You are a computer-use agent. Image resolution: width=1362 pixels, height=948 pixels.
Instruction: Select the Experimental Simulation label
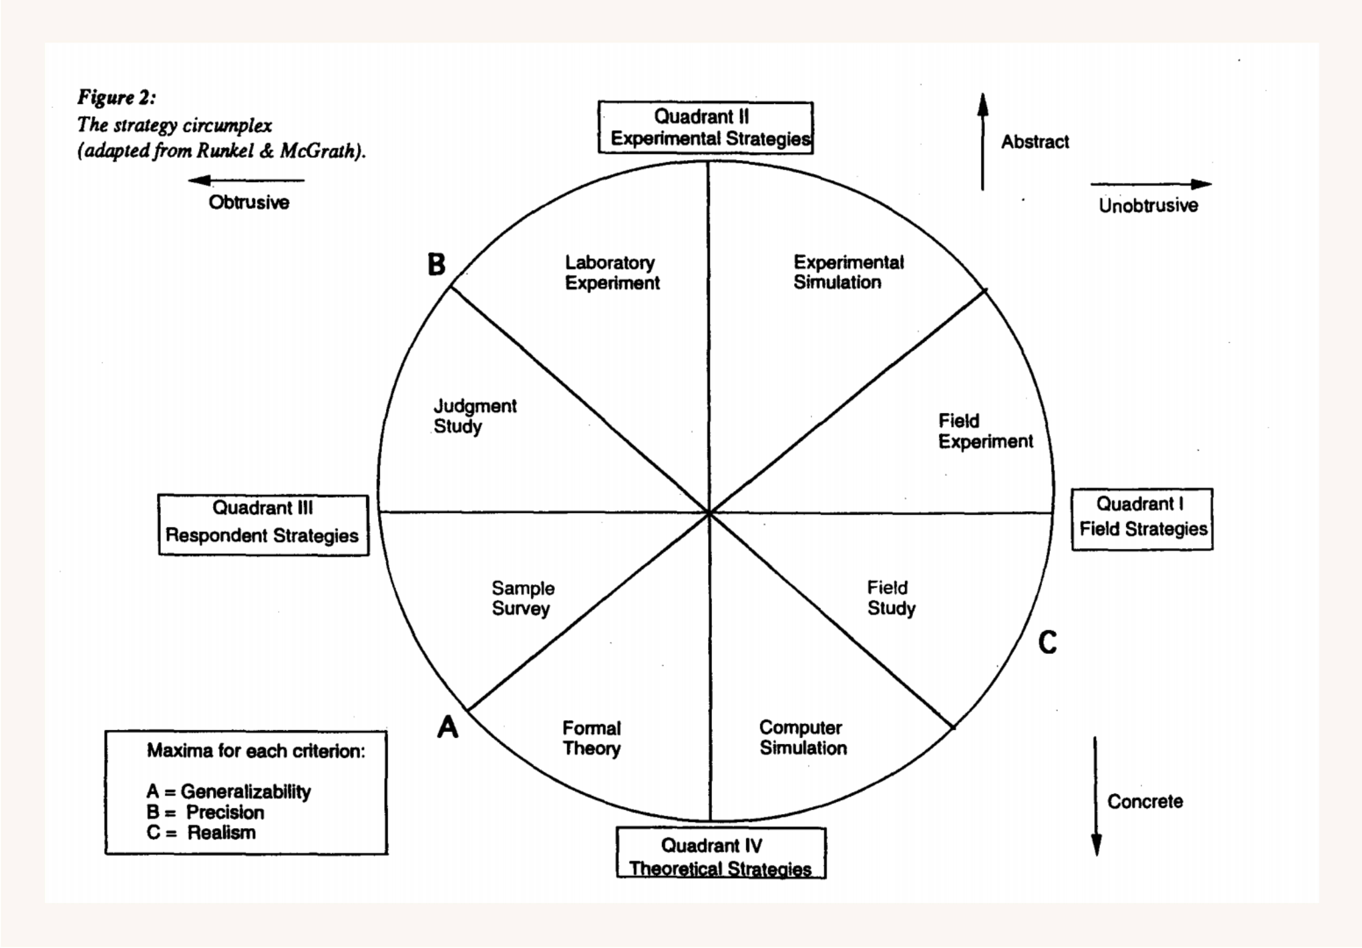[848, 272]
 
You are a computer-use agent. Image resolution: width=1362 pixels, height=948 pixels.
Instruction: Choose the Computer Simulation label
[803, 737]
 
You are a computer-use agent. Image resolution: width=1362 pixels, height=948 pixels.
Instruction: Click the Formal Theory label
[591, 738]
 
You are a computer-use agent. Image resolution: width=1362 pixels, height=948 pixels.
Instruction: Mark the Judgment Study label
[475, 416]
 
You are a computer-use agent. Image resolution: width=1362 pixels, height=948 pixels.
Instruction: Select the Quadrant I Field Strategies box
[1142, 519]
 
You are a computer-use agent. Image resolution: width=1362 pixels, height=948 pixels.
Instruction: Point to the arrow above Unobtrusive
[1151, 184]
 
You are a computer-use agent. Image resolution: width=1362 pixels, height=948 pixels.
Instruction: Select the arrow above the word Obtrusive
[246, 180]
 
